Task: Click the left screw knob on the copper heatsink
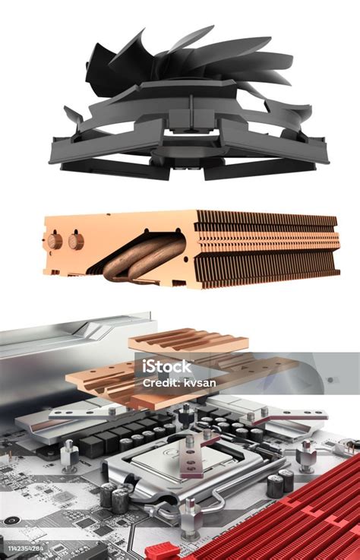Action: (x=55, y=241)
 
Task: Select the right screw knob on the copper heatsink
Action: (x=75, y=241)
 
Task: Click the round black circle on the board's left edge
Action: (x=10, y=520)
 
